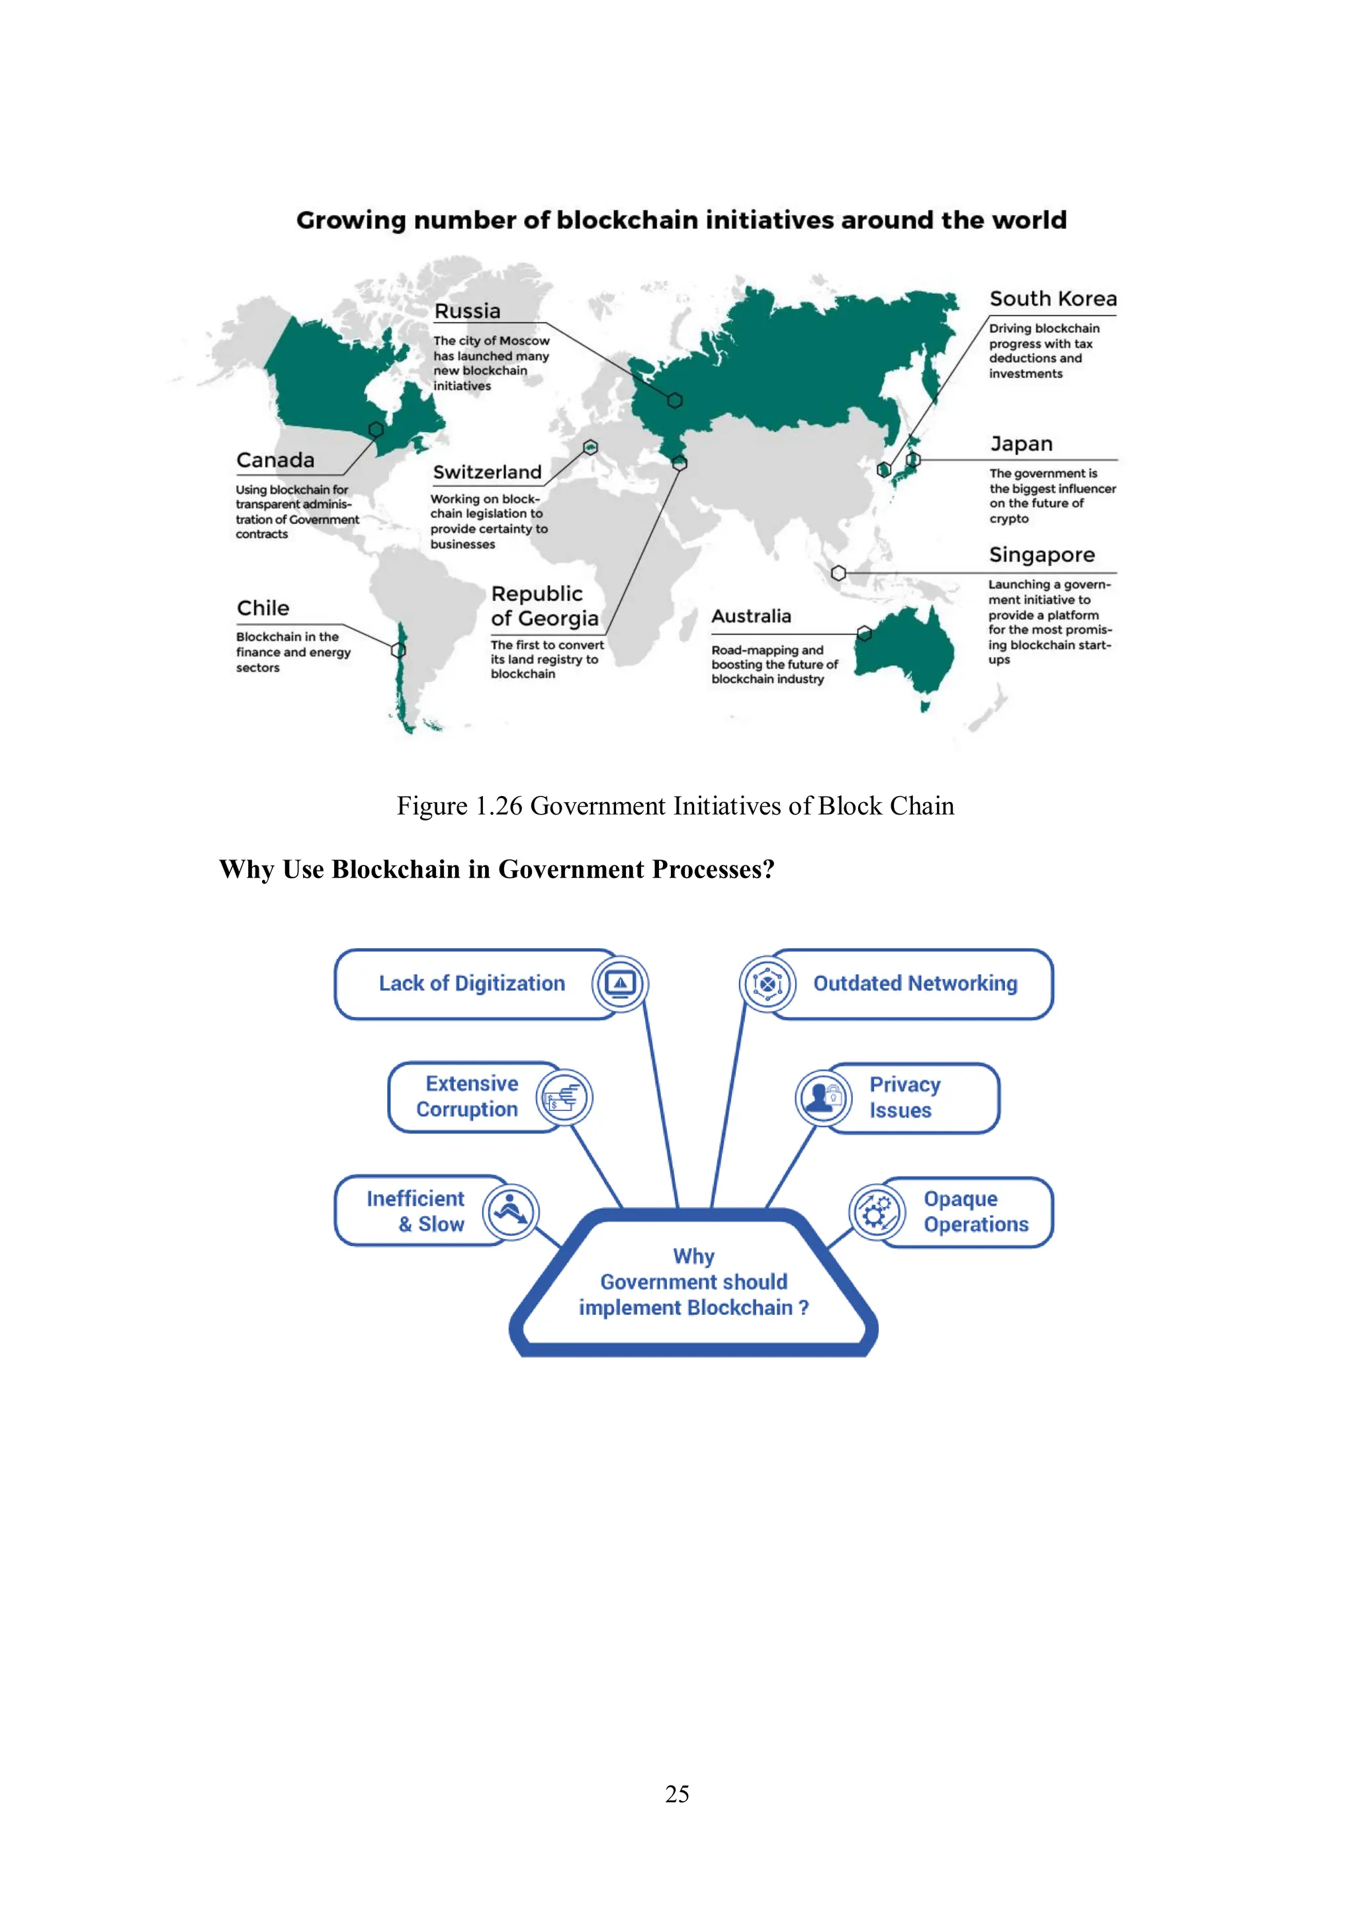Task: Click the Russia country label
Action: [x=466, y=312]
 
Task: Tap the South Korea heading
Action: [x=1052, y=299]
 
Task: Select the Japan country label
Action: [x=1021, y=444]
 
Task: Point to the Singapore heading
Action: [x=1041, y=555]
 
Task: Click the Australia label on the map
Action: [x=750, y=616]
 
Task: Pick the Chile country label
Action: [x=263, y=608]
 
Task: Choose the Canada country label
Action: [x=275, y=460]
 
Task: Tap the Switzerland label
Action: [x=487, y=472]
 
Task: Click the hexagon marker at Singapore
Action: [x=838, y=573]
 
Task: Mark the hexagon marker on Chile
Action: [x=399, y=650]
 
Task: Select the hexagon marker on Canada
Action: [x=376, y=429]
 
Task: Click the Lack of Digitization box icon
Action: [x=619, y=983]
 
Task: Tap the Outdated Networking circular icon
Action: [x=766, y=983]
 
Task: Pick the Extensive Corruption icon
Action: [x=564, y=1097]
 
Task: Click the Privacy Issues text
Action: [x=904, y=1097]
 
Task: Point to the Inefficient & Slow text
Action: [x=415, y=1212]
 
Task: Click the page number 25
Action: [x=677, y=1793]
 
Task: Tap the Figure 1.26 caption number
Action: [x=498, y=806]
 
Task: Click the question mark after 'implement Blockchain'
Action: [x=803, y=1308]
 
